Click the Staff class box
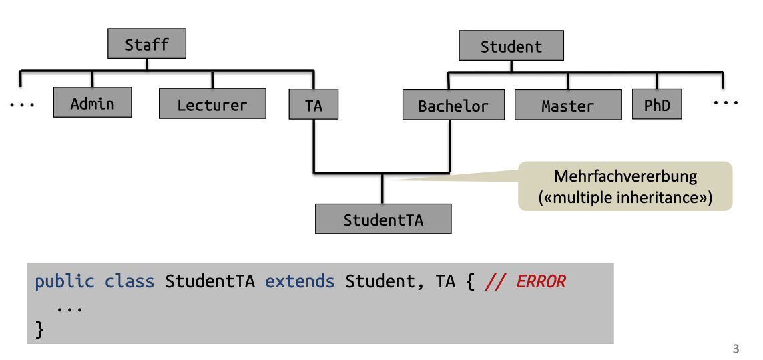[147, 45]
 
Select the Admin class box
[92, 104]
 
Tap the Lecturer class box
[212, 105]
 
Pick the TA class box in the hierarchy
[314, 105]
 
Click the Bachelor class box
[453, 106]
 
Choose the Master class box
[567, 106]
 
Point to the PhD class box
[657, 106]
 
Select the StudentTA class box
[383, 220]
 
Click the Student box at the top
[511, 47]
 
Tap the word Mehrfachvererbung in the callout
[625, 177]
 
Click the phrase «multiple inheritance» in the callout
[625, 198]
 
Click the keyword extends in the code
[300, 281]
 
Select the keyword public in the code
[65, 281]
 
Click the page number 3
[736, 349]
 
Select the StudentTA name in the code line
[210, 281]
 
